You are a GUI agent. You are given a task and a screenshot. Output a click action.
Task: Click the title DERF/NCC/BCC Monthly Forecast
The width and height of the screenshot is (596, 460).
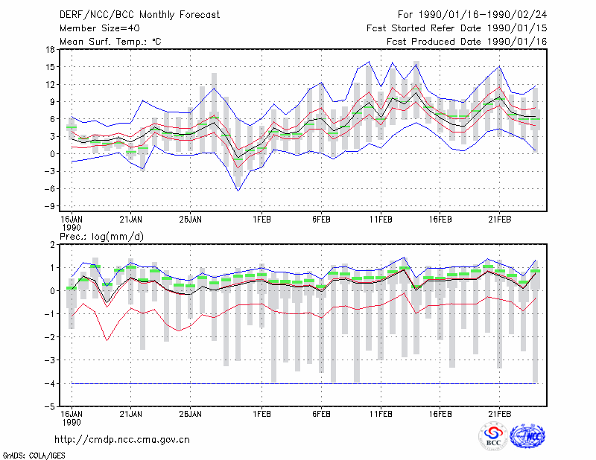click(139, 15)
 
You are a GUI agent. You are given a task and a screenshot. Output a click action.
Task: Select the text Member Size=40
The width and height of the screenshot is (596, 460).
click(100, 28)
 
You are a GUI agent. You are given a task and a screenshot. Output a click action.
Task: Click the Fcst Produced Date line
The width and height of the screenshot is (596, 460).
click(467, 42)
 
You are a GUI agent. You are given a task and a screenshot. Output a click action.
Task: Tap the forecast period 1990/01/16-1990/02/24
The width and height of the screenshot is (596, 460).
click(483, 15)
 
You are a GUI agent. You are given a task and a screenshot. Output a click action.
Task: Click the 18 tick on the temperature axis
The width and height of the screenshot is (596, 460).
click(50, 49)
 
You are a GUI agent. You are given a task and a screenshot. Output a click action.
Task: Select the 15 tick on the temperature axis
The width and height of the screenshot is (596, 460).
click(50, 67)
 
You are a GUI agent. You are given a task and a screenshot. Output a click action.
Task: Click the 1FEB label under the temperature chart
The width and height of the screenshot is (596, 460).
click(262, 220)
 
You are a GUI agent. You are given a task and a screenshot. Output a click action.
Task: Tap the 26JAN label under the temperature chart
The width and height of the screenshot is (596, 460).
click(191, 220)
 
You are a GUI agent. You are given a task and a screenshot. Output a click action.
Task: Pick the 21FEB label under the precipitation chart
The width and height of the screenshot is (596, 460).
click(499, 414)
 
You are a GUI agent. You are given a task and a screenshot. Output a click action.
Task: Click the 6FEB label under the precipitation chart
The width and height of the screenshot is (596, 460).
click(321, 414)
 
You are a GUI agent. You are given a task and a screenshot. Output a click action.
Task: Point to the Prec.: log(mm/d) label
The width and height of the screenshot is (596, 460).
click(101, 237)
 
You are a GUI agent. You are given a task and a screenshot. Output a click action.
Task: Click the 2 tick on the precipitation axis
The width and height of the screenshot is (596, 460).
click(52, 245)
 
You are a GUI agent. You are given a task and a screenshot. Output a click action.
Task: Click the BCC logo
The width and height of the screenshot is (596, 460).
click(493, 436)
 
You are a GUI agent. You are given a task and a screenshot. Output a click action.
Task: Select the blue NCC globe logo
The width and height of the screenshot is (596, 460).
click(527, 436)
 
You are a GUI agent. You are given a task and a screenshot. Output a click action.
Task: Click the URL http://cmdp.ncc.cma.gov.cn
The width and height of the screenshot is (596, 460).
click(122, 440)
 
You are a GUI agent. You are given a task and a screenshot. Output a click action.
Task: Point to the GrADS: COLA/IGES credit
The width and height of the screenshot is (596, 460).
click(34, 456)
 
